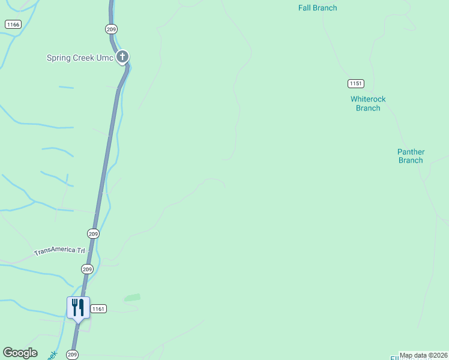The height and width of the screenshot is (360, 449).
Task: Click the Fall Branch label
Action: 318,8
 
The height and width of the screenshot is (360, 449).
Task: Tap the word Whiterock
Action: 368,99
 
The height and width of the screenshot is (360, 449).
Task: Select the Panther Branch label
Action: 411,156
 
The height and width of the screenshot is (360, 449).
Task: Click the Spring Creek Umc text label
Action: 80,58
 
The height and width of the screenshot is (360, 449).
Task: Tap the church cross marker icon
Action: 122,57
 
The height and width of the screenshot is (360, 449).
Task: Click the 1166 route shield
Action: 13,24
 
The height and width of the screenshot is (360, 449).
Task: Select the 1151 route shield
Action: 355,83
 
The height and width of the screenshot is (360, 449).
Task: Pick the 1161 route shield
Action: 98,308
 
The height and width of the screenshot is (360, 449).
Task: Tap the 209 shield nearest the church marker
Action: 110,29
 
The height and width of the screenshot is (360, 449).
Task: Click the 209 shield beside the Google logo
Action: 73,355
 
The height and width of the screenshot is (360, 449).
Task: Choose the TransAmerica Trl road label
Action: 59,251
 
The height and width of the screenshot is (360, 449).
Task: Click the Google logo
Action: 20,353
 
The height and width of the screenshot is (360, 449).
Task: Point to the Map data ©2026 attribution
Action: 423,355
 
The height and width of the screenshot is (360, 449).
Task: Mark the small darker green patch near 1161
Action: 132,297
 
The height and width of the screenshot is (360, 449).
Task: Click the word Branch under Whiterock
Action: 368,108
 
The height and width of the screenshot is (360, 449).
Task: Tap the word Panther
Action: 411,152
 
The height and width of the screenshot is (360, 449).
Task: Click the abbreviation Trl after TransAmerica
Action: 80,250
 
